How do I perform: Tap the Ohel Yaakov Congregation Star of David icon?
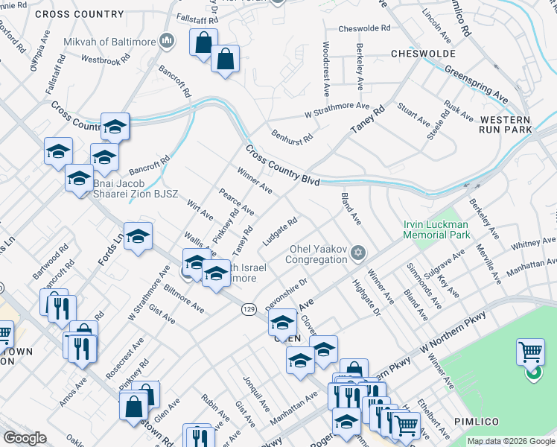(358, 253)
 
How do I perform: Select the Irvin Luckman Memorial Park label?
(437, 229)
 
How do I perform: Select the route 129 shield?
(249, 308)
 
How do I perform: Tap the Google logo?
(25, 438)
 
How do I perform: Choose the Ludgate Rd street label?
(280, 232)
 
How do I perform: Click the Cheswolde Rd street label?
(364, 29)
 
